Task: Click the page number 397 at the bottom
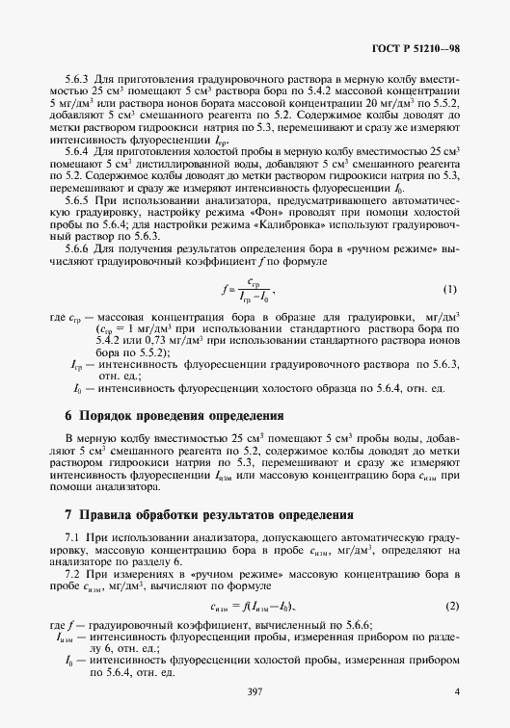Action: pos(255,692)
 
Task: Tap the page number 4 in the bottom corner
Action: pos(457,692)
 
